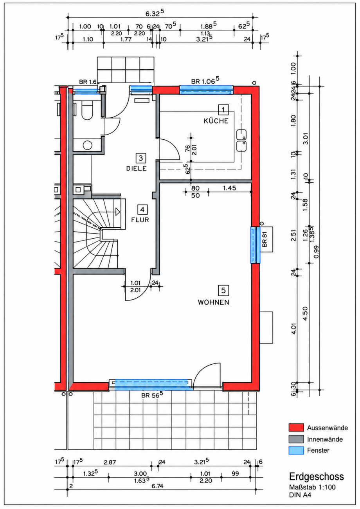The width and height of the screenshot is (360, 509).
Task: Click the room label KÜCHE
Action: tap(216, 121)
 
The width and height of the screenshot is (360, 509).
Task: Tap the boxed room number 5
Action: tap(223, 290)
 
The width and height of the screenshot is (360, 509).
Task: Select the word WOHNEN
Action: tap(213, 302)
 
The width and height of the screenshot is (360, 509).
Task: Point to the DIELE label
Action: tap(136, 168)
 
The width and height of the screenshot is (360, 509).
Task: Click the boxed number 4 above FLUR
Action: tap(142, 209)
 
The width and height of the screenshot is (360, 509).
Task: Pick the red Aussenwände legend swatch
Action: tap(296, 427)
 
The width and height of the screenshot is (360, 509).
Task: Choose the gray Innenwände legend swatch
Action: tap(296, 439)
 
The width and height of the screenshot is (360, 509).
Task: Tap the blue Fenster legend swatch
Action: tap(296, 450)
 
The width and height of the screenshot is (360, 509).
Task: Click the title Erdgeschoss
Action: tap(316, 477)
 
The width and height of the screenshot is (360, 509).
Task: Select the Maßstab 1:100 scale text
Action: tap(312, 487)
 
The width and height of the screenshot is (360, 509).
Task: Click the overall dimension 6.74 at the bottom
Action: tap(157, 486)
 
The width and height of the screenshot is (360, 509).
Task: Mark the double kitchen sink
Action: tap(241, 140)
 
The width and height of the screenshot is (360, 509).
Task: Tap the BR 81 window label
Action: tap(264, 239)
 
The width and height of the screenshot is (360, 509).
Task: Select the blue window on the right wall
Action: tap(255, 245)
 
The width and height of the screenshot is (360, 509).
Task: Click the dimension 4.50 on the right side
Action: tap(305, 314)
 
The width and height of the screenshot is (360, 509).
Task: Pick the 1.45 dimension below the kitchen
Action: tap(230, 188)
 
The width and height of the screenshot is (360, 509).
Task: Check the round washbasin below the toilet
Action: tap(88, 145)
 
